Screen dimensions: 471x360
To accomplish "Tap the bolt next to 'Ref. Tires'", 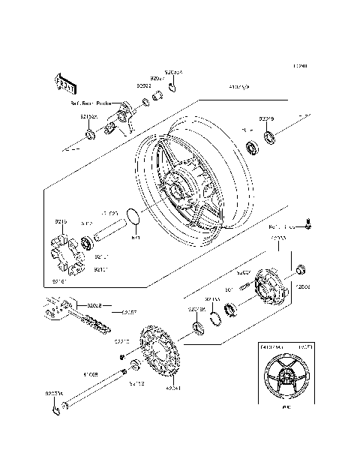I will click(309, 223).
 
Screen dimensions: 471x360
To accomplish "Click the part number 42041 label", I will click(172, 388).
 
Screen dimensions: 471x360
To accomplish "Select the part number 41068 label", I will click(91, 372).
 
